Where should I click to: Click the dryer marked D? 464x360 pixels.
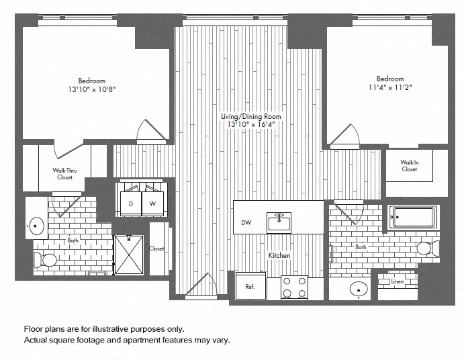(131, 204)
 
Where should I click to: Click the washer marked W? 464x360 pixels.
(152, 204)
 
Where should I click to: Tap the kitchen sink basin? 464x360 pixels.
(279, 222)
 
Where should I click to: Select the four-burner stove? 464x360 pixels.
(294, 287)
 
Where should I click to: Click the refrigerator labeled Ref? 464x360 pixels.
(251, 285)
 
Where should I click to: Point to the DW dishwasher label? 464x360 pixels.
(246, 222)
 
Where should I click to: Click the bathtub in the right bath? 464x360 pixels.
(413, 217)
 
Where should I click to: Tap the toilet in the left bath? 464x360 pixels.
(45, 260)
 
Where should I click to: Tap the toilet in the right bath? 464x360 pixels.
(428, 248)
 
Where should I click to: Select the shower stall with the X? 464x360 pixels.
(129, 255)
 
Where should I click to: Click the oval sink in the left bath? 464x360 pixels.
(36, 226)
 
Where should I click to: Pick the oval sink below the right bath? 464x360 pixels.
(359, 288)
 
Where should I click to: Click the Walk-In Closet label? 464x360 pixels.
(410, 166)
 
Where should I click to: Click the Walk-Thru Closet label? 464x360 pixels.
(65, 174)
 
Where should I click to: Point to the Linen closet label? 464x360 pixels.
(397, 281)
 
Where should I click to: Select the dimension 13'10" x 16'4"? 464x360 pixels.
(251, 124)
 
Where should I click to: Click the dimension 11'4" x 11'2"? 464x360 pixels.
(390, 87)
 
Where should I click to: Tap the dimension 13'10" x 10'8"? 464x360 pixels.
(92, 89)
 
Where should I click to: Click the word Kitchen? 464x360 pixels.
(279, 255)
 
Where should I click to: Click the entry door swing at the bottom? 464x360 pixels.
(201, 283)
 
